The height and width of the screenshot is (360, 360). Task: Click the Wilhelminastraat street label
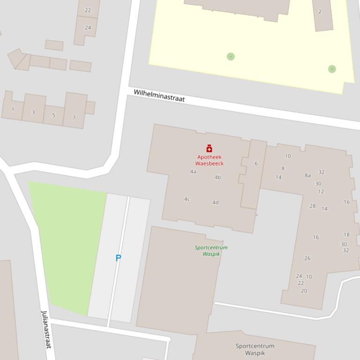(x=159, y=96)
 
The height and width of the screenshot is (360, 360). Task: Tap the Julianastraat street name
(x=45, y=329)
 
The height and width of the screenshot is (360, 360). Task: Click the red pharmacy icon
(x=209, y=149)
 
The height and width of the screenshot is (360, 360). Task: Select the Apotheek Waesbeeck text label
(x=209, y=160)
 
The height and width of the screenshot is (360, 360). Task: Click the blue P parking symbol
(x=118, y=258)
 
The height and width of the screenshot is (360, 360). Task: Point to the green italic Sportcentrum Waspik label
(x=211, y=251)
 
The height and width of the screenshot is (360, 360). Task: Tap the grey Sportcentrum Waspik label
(x=255, y=349)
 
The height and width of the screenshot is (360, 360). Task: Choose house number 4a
(x=193, y=172)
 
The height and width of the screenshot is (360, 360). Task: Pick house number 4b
(x=218, y=178)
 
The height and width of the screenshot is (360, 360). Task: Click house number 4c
(x=187, y=199)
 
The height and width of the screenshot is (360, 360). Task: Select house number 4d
(x=215, y=202)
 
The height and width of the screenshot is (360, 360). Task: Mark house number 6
(x=256, y=164)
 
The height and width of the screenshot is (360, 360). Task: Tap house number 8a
(x=308, y=176)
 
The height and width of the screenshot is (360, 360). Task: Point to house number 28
(x=312, y=206)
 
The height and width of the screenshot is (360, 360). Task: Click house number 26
(x=307, y=258)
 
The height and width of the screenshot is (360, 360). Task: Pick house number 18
(x=346, y=235)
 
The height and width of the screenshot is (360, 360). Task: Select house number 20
(x=304, y=291)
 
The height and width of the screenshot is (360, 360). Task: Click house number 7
(x=73, y=118)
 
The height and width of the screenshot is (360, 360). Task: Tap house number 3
(x=33, y=113)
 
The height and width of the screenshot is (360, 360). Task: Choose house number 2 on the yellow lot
(x=320, y=12)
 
